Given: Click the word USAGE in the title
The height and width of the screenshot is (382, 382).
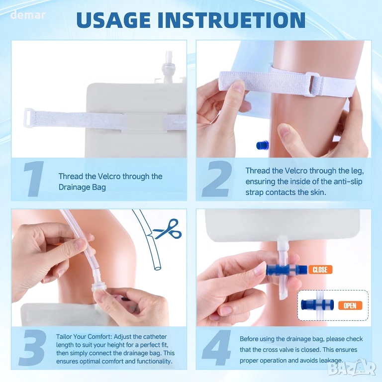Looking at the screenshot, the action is click(x=113, y=20).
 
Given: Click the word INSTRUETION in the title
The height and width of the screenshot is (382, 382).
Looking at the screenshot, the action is click(x=232, y=20).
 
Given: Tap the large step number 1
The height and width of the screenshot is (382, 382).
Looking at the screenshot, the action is click(x=34, y=179).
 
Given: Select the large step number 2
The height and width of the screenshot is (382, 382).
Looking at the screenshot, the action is click(x=217, y=179).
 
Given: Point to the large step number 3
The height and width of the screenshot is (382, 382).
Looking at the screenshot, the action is click(x=33, y=347).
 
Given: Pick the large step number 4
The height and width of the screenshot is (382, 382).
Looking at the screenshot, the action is click(x=216, y=347).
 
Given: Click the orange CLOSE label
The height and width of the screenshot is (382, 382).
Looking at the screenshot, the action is click(x=320, y=270).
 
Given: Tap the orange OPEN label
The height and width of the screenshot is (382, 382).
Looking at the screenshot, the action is click(x=350, y=305).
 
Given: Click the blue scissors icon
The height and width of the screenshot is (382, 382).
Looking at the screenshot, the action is click(x=168, y=229).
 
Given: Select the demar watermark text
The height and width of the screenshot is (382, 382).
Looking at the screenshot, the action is click(x=28, y=15).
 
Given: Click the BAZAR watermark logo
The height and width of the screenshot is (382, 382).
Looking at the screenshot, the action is click(x=352, y=369).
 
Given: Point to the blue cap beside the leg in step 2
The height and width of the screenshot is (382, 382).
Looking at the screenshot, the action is click(x=263, y=145).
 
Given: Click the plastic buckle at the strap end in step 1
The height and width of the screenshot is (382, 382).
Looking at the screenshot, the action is click(x=28, y=118).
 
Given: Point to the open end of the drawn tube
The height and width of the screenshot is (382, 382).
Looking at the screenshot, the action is click(x=158, y=268).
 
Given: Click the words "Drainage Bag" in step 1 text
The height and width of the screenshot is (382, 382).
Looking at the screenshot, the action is click(x=82, y=188).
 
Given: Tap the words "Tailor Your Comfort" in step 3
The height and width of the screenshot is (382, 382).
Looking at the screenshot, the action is click(x=84, y=337).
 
